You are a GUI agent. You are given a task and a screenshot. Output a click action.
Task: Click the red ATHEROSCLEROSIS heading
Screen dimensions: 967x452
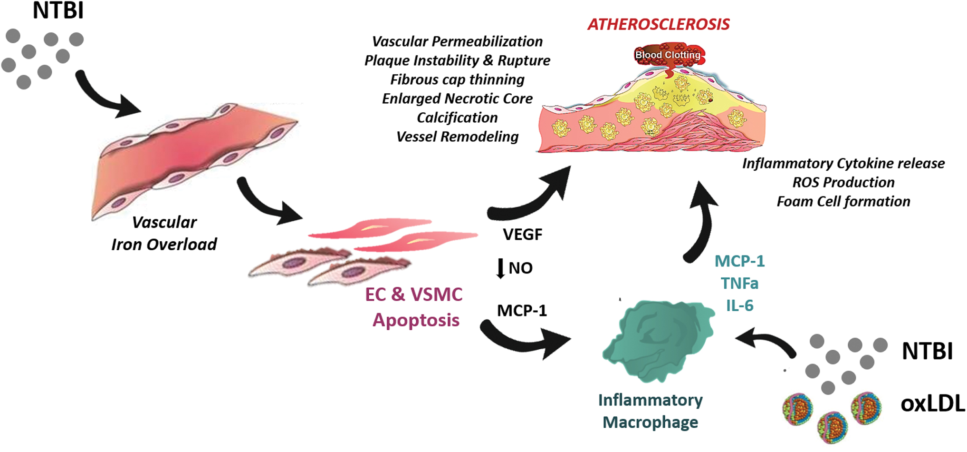click(x=659, y=24)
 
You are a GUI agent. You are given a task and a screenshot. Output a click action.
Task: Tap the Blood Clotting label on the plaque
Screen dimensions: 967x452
click(x=668, y=55)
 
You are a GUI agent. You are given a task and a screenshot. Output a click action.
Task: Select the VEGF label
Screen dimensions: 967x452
click(x=522, y=235)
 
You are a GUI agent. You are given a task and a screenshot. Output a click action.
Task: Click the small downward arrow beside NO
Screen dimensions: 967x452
click(x=500, y=268)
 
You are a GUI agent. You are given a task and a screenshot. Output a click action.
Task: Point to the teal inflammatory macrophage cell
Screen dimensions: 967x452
click(x=658, y=340)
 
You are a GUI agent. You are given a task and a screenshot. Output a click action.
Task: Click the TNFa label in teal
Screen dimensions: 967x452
click(x=739, y=284)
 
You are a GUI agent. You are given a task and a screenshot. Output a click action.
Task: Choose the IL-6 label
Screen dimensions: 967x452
click(x=739, y=305)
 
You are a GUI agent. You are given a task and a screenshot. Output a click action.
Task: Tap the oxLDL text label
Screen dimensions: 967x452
click(x=932, y=403)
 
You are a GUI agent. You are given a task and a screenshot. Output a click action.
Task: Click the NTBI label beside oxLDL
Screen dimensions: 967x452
click(x=927, y=351)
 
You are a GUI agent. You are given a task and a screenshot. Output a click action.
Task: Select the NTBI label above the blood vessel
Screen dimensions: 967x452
click(x=58, y=11)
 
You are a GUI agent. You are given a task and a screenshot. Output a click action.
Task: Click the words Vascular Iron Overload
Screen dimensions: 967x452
click(x=164, y=233)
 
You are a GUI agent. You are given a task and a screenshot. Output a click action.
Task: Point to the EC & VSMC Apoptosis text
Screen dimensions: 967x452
click(x=414, y=307)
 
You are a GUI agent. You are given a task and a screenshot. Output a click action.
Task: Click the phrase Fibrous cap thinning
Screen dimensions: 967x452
click(x=457, y=79)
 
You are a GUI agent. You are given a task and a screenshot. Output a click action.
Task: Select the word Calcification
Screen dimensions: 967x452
click(x=457, y=118)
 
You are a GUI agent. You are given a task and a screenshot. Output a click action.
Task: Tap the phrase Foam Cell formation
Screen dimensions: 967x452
click(x=843, y=202)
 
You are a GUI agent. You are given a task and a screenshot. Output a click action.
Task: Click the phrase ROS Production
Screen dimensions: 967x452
click(x=843, y=182)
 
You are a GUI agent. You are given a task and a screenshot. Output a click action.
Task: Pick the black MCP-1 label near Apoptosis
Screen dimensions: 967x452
click(x=522, y=311)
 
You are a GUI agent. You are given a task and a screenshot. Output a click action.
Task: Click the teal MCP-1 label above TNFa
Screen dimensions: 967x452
click(x=739, y=261)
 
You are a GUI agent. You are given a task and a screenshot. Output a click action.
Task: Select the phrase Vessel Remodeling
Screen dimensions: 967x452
click(x=457, y=137)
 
